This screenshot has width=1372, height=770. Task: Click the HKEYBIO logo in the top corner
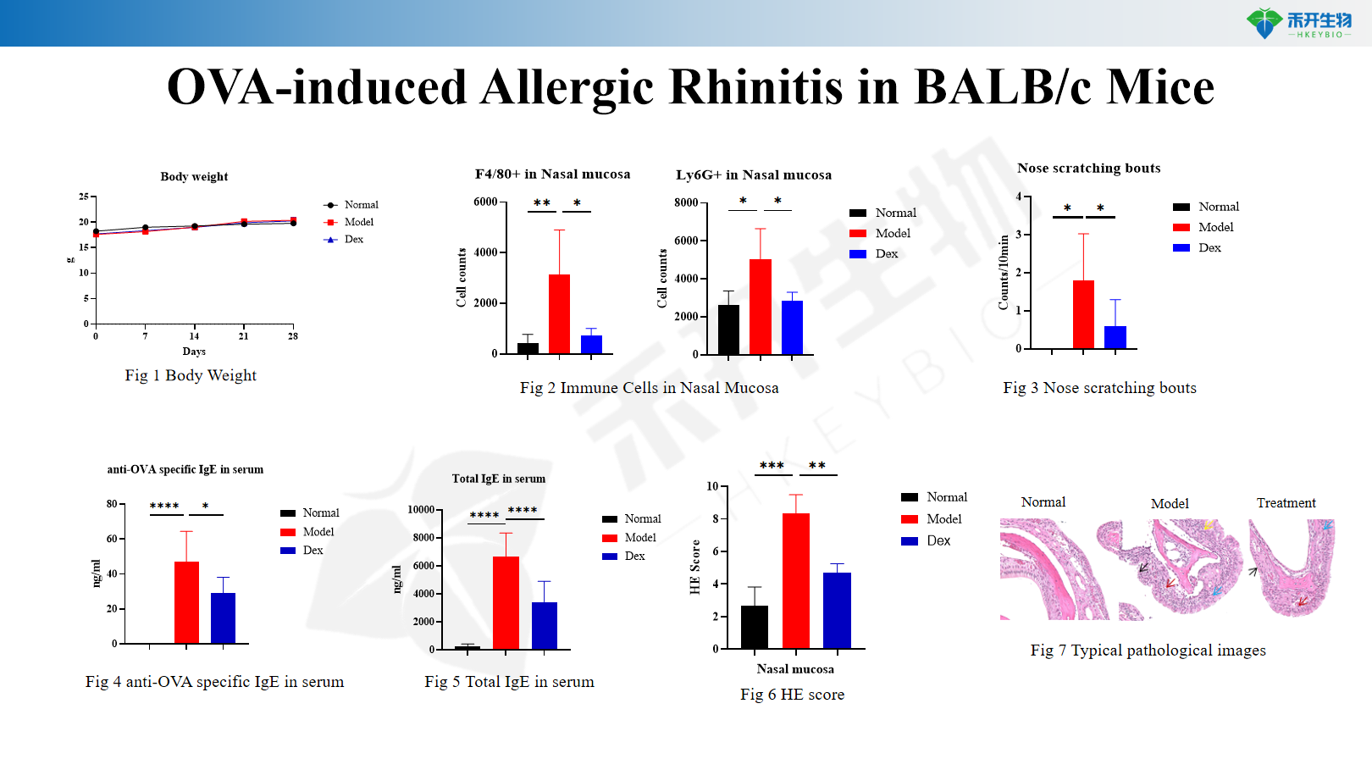pyautogui.click(x=1298, y=23)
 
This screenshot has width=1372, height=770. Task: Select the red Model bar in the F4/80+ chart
pyautogui.click(x=559, y=313)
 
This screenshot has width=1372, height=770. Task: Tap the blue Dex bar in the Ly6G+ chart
pyautogui.click(x=792, y=327)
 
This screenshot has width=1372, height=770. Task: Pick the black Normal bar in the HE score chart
pyautogui.click(x=755, y=627)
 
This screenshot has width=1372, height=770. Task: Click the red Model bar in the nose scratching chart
pyautogui.click(x=1083, y=314)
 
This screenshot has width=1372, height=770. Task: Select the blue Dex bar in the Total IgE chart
pyautogui.click(x=545, y=625)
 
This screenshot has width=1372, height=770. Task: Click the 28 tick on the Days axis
pyautogui.click(x=293, y=335)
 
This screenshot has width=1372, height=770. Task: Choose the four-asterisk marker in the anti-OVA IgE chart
pyautogui.click(x=165, y=506)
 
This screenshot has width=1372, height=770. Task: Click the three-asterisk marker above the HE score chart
pyautogui.click(x=772, y=466)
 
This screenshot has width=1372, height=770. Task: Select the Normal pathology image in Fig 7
pyautogui.click(x=1054, y=569)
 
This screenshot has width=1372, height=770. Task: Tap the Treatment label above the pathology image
pyautogui.click(x=1286, y=503)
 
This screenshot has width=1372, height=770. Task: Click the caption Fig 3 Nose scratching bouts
pyautogui.click(x=1099, y=388)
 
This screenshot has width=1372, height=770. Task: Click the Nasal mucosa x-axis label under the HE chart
pyautogui.click(x=795, y=669)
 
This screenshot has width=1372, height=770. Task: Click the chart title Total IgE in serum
pyautogui.click(x=499, y=479)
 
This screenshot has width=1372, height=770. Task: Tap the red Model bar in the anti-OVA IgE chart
pyautogui.click(x=187, y=602)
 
